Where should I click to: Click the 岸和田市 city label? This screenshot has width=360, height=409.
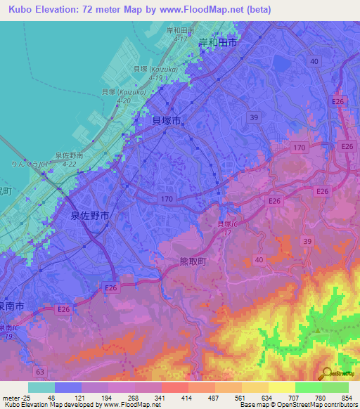217,43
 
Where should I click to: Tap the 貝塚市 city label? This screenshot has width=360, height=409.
167,120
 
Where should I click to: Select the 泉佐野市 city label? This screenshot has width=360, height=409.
89,217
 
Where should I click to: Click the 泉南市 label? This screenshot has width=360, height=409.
11,306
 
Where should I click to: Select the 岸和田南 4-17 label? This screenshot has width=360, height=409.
179,34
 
